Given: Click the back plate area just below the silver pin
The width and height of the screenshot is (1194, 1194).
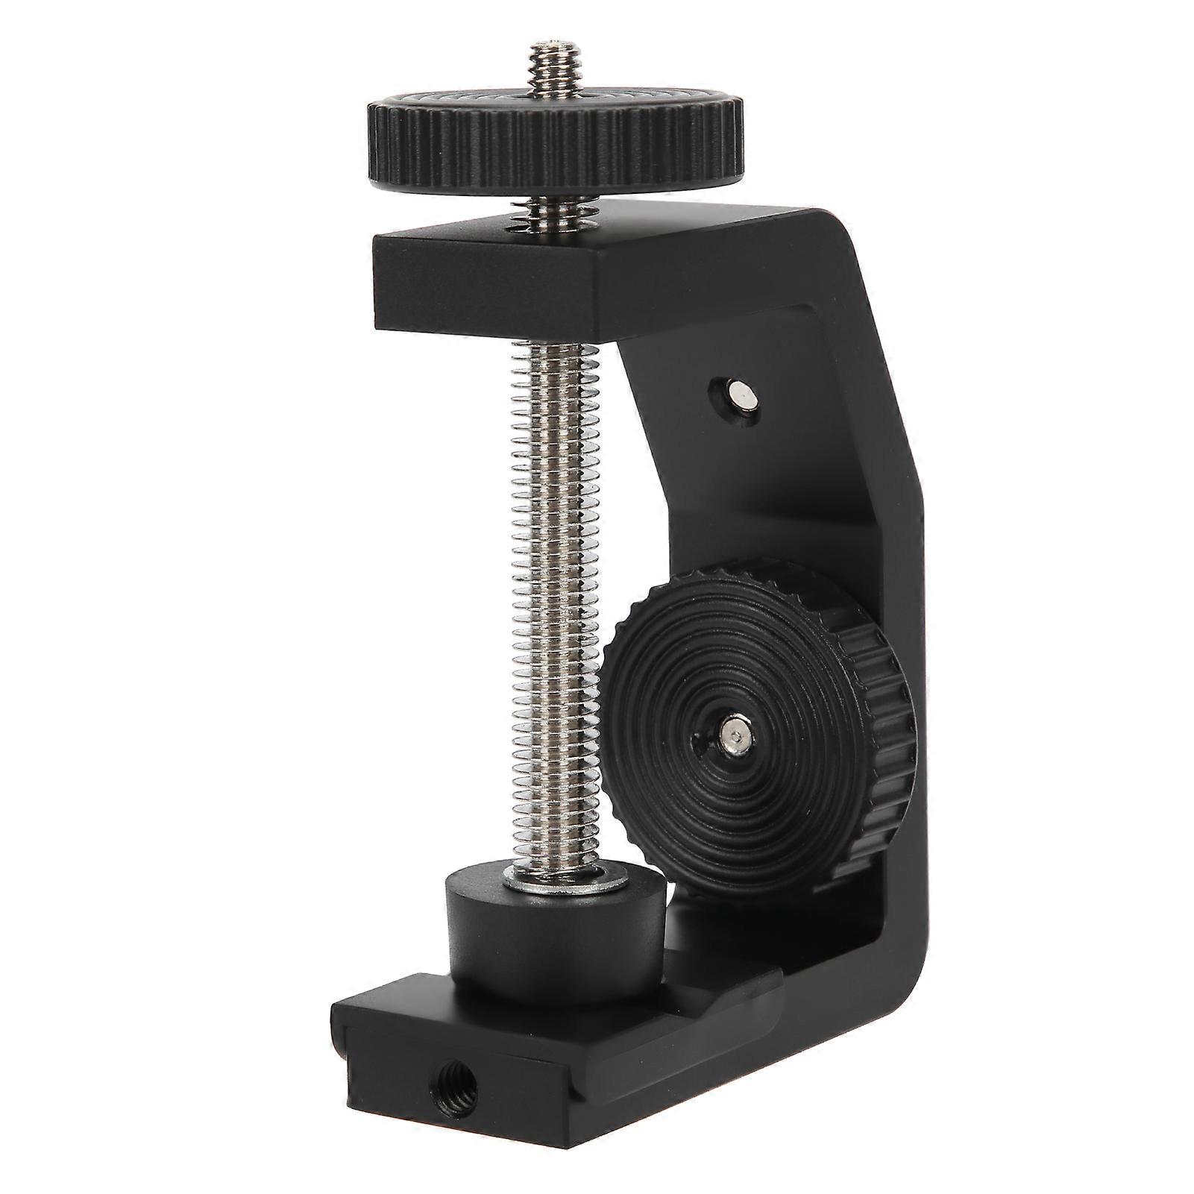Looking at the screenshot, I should point(753,462).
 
